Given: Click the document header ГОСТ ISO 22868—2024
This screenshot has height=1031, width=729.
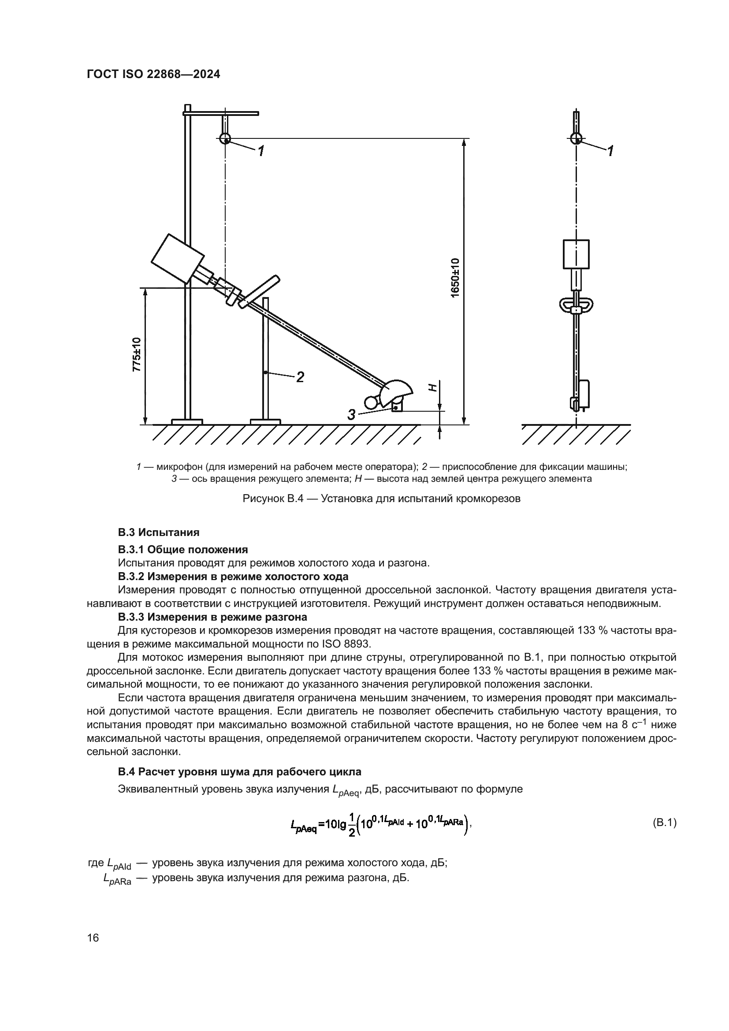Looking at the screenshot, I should (153, 74).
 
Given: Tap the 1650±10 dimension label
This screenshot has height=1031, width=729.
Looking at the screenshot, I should (455, 277).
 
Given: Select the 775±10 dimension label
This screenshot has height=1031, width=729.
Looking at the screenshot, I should (137, 354).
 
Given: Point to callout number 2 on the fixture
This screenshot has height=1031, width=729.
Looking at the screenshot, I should (300, 377).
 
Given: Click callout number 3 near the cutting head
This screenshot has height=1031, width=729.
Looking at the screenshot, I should (351, 414).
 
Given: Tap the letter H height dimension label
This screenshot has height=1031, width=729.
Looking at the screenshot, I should (432, 387).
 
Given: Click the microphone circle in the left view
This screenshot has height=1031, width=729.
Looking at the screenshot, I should (225, 138).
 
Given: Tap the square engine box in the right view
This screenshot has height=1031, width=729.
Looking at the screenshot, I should (576, 254).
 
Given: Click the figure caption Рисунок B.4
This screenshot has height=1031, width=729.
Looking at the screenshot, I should (381, 499).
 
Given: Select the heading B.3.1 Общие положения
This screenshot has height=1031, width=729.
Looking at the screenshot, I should (183, 550).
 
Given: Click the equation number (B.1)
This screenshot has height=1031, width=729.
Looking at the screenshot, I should (663, 823).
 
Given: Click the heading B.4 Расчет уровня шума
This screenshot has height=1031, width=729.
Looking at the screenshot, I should (239, 771).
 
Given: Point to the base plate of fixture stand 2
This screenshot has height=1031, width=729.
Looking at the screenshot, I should (265, 422).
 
